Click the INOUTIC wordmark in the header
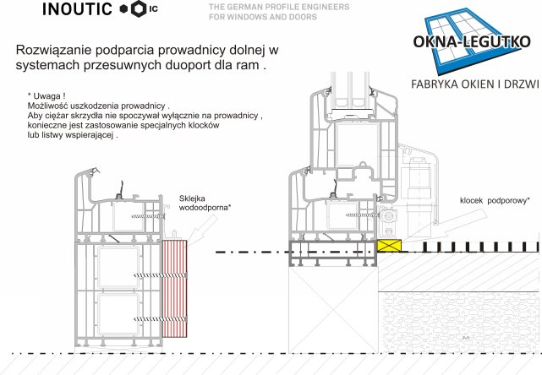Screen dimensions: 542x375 coord(77,9)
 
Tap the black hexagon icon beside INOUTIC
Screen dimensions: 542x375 coord(139,9)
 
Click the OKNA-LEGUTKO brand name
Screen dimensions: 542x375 coord(472,41)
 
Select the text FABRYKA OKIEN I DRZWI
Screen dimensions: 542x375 coord(475,84)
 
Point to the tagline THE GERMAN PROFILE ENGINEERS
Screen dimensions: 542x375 coord(279,7)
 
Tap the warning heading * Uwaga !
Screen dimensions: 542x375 coord(47,96)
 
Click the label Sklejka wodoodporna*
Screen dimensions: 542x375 coord(205,203)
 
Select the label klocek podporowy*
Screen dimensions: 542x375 coord(495,201)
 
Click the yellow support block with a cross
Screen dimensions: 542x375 coord(389,246)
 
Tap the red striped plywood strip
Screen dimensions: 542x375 coord(174,289)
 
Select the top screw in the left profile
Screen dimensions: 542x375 coord(148,216)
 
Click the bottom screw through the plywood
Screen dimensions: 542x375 coord(160,319)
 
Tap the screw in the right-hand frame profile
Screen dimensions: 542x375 coord(363,215)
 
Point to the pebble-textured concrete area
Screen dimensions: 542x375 coord(459,322)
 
